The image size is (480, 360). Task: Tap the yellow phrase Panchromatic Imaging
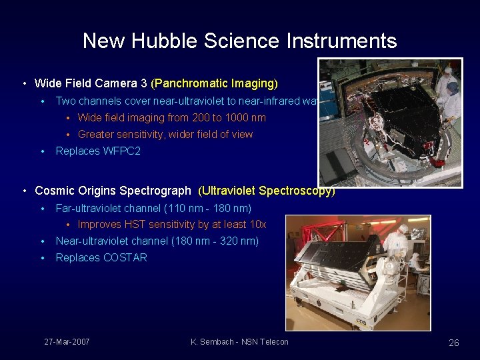pyautogui.click(x=215, y=83)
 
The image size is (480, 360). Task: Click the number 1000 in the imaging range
pyautogui.click(x=231, y=117)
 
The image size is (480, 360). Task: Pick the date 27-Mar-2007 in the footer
pyautogui.click(x=67, y=342)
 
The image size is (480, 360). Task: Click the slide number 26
pyautogui.click(x=453, y=343)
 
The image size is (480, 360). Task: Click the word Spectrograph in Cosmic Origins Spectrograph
pyautogui.click(x=159, y=191)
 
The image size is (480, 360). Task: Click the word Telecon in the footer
pyautogui.click(x=273, y=342)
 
